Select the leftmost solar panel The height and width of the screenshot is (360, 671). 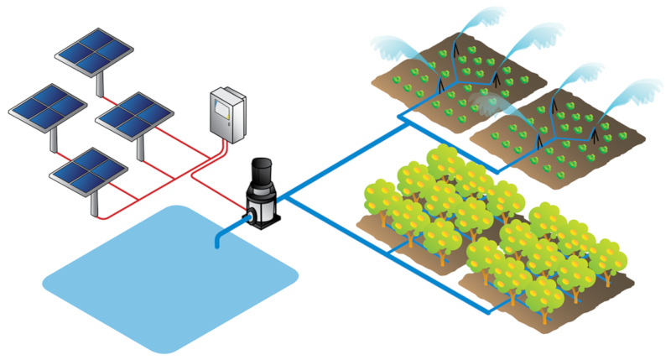click(47, 104)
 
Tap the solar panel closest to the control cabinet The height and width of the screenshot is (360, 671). click(134, 112)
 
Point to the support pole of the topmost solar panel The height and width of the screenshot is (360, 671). click(102, 82)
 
